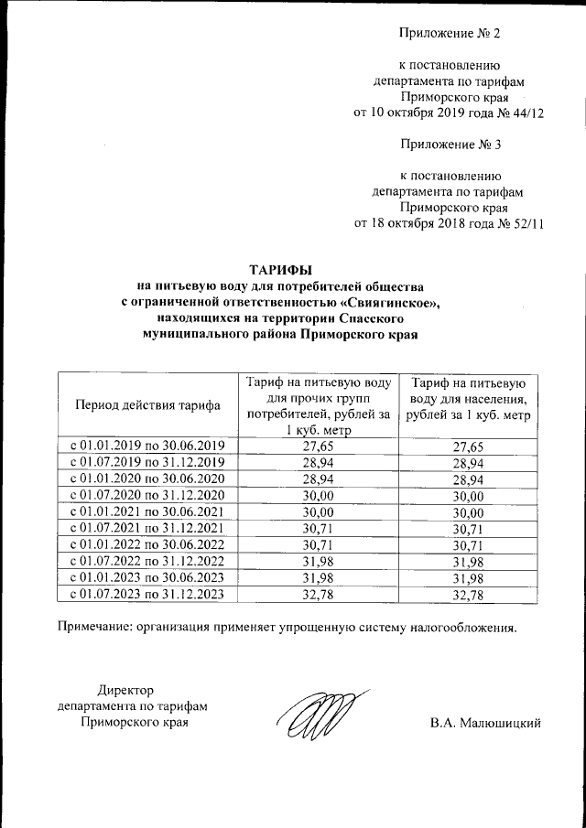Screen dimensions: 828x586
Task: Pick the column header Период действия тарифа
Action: pyautogui.click(x=146, y=404)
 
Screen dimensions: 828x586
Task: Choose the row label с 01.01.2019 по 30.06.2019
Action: pyautogui.click(x=146, y=446)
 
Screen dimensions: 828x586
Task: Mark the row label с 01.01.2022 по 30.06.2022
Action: pyautogui.click(x=146, y=544)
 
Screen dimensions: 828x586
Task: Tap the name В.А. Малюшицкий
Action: pyautogui.click(x=486, y=723)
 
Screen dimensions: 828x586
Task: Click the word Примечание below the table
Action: pyautogui.click(x=99, y=628)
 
